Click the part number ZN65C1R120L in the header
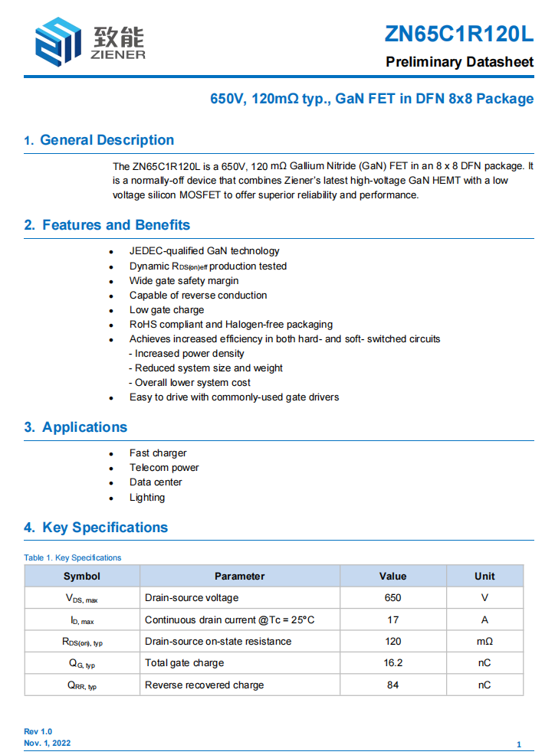tap(458, 34)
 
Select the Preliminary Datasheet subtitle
tap(459, 62)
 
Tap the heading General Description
tap(107, 140)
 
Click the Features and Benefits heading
tap(116, 225)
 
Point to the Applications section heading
tap(84, 427)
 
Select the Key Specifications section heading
tap(104, 528)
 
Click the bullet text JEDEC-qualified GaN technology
tap(204, 251)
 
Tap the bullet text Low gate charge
tap(166, 310)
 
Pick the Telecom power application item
tap(164, 468)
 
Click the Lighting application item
tap(147, 498)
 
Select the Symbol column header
tap(82, 577)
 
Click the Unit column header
tap(484, 577)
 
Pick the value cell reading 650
tap(392, 598)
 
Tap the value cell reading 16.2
tap(392, 663)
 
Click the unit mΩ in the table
tap(484, 642)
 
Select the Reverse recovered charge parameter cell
tap(204, 685)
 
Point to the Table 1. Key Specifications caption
tap(73, 557)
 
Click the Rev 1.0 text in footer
tap(38, 732)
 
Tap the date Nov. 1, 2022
tap(48, 744)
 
